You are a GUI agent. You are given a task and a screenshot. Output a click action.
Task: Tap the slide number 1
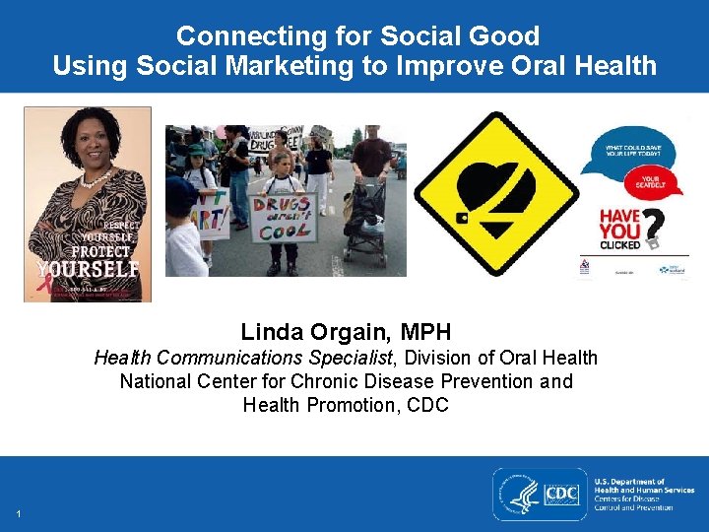point(19,514)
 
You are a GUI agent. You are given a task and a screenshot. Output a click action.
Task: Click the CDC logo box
point(560,494)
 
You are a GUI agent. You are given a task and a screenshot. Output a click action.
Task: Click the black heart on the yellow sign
point(496,193)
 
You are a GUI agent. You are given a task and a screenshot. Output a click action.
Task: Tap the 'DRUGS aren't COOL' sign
point(283,218)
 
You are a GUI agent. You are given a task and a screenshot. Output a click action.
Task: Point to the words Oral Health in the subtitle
point(548,358)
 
